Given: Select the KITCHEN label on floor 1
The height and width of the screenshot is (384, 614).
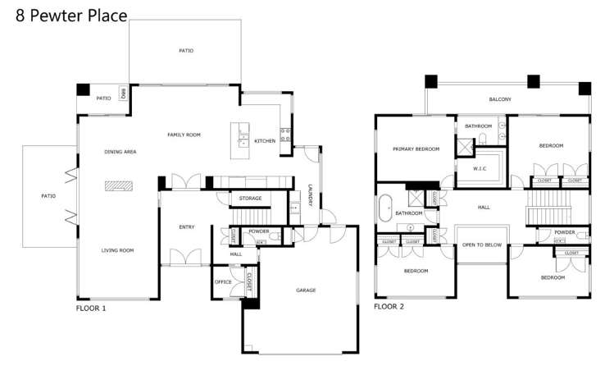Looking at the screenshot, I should [x=265, y=141].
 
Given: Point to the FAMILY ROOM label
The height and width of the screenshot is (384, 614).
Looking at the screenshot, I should [x=184, y=135].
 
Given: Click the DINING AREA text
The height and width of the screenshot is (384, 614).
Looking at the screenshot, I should [x=120, y=152].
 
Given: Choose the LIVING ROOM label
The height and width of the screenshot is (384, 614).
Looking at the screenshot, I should [x=117, y=250].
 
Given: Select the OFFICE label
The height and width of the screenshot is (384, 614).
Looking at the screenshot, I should [x=223, y=281].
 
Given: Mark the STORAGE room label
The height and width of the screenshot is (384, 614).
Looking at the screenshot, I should [x=250, y=199].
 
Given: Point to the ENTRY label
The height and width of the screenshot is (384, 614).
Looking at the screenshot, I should [x=186, y=227].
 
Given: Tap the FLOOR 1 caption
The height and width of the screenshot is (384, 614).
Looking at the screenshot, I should [x=91, y=309].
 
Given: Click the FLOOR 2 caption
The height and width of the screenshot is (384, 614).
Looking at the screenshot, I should [x=389, y=307].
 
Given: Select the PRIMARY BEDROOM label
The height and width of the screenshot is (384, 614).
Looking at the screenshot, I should [x=416, y=149].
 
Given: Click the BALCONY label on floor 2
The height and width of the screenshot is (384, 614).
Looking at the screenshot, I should [x=500, y=99].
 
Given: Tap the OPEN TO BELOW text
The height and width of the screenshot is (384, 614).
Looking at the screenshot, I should [x=481, y=245].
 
